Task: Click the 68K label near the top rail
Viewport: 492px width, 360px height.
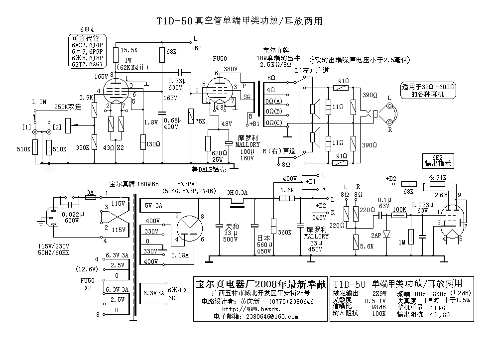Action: click(x=171, y=51)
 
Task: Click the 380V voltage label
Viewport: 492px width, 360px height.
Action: click(x=231, y=69)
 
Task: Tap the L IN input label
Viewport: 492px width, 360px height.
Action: click(x=39, y=102)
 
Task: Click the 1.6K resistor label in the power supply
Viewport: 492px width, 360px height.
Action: click(x=287, y=190)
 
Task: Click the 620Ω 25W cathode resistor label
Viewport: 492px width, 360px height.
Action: click(x=220, y=156)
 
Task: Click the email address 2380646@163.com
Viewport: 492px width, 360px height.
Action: click(x=277, y=317)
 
